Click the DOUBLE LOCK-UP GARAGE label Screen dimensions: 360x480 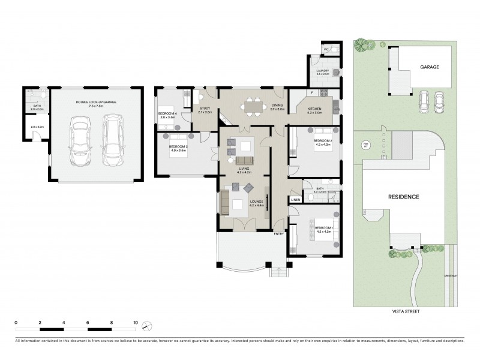(x=96, y=103)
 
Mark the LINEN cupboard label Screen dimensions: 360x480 (x=295, y=200)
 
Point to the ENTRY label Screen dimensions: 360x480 (x=278, y=233)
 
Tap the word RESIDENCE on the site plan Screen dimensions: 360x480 (x=403, y=197)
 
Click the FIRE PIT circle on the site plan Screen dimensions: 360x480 (x=365, y=145)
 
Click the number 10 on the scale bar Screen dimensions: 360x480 (x=136, y=323)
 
